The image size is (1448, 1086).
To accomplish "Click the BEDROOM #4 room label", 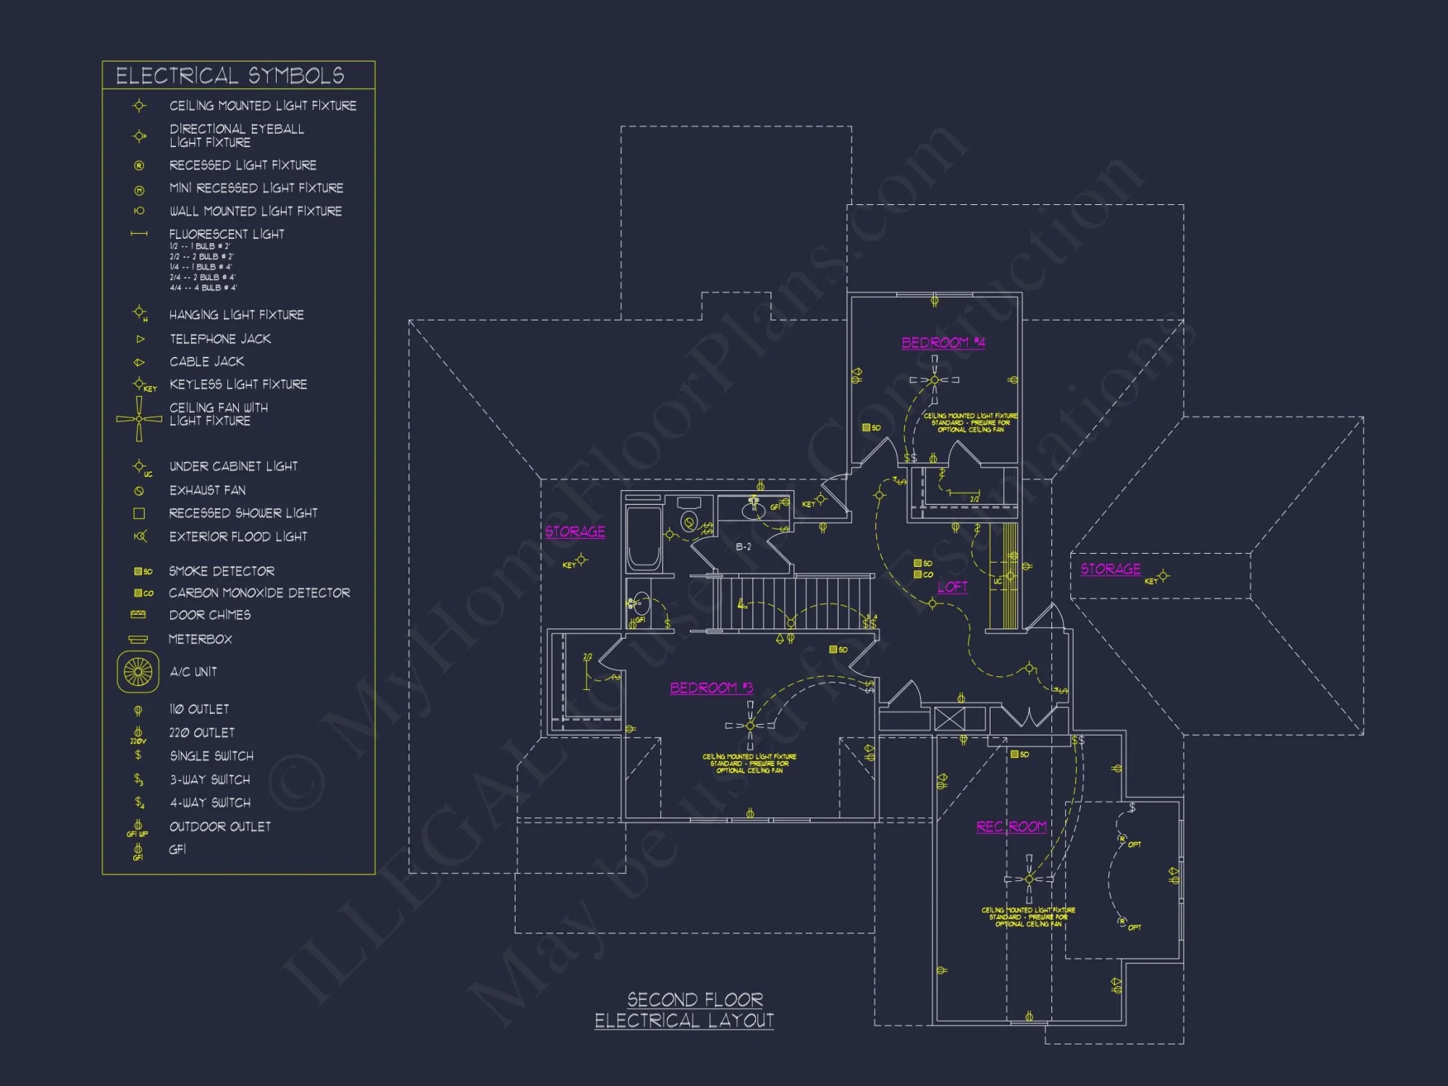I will [943, 342].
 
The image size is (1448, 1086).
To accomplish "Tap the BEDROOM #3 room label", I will [711, 688].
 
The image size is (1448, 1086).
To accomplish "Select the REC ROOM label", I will [1011, 827].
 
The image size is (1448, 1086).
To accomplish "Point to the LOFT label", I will [952, 586].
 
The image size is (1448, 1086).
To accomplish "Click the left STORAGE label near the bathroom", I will [575, 531].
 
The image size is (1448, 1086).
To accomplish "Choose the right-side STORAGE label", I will [1110, 569].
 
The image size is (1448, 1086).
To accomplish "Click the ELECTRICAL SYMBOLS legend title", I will [230, 75].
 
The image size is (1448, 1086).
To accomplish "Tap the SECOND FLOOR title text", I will [695, 1000].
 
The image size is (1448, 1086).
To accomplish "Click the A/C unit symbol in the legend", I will [138, 672].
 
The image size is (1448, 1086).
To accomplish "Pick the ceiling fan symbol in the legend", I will [139, 418].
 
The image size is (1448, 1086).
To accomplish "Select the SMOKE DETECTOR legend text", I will [222, 571].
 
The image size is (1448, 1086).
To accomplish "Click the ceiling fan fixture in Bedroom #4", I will [934, 380].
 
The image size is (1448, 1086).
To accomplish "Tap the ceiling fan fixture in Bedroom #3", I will [750, 725].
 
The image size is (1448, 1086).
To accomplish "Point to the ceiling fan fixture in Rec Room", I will [1029, 879].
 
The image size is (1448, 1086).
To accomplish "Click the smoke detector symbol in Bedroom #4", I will [867, 428].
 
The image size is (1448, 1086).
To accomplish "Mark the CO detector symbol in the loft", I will [918, 574].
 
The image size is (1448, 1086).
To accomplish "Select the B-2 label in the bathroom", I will [744, 547].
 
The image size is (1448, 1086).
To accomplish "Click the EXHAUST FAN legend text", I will [207, 490].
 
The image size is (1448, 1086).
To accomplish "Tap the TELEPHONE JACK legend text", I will [220, 339].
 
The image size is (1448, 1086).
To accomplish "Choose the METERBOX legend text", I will [200, 639].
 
